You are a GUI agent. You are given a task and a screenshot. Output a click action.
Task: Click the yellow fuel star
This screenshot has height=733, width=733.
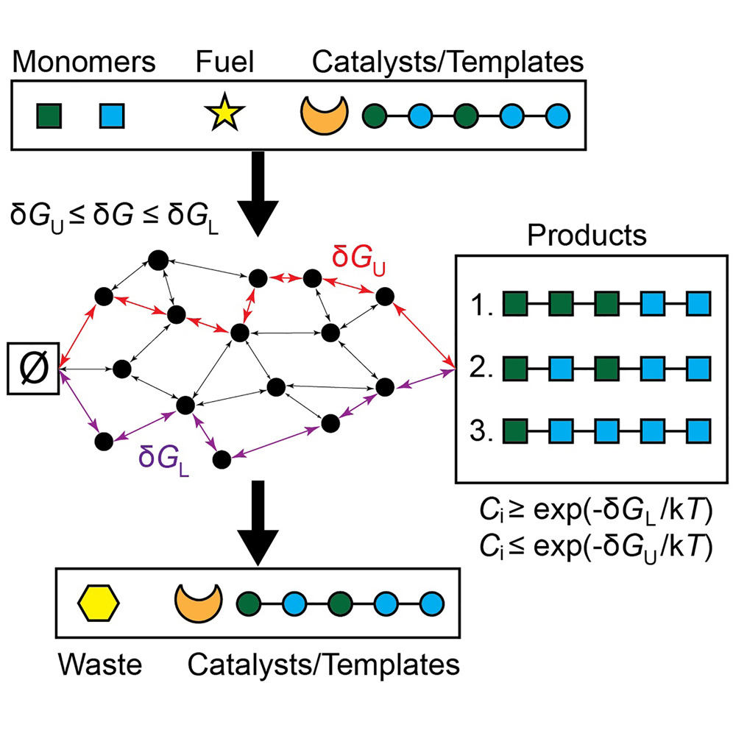(224, 113)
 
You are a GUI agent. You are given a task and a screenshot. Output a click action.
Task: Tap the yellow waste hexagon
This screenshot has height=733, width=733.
(98, 603)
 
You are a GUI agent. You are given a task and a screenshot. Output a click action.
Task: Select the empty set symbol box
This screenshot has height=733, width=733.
(33, 369)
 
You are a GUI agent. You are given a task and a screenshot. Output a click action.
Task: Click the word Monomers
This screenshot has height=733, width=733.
(84, 61)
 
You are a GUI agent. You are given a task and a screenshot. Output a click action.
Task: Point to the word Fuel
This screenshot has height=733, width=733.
(225, 61)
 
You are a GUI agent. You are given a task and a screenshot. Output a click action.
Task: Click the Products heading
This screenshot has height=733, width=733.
(587, 235)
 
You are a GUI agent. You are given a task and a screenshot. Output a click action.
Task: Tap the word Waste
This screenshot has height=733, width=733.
(100, 665)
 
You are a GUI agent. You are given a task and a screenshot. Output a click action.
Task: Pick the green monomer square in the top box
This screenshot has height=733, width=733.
(49, 116)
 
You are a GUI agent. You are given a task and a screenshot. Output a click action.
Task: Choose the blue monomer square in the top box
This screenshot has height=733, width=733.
(112, 116)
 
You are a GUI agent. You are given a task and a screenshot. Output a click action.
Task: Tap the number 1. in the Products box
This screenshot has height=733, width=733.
(481, 305)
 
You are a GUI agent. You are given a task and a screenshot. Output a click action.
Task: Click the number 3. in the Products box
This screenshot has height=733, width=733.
(481, 430)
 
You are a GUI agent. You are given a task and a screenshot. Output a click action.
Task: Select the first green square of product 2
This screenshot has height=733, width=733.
(515, 369)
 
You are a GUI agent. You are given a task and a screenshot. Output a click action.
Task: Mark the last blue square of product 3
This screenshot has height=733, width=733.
(699, 431)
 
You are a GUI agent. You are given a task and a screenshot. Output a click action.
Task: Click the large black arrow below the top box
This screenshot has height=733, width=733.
(258, 194)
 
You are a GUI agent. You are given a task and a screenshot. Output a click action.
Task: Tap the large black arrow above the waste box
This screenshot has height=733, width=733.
(258, 523)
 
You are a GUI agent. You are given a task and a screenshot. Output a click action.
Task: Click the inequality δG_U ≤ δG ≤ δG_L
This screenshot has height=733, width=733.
(115, 217)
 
